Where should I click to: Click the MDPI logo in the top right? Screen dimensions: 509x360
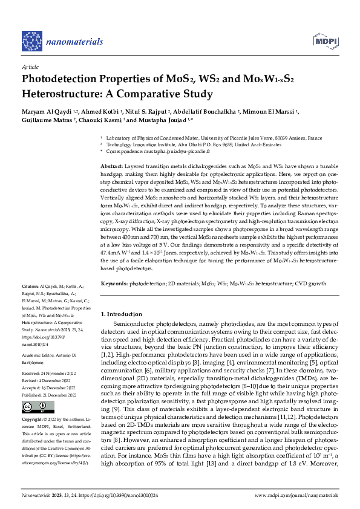pyautogui.click(x=324, y=41)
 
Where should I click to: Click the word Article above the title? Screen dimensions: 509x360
pyautogui.click(x=30, y=68)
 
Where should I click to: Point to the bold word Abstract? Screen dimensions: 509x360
pyautogui.click(x=111, y=166)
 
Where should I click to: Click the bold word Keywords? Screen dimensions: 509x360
pyautogui.click(x=114, y=284)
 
